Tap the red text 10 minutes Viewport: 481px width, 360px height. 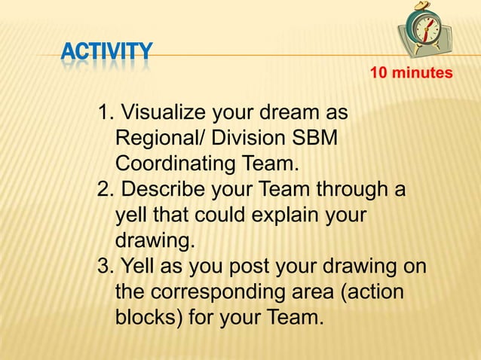click(411, 73)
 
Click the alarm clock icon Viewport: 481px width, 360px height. click(427, 30)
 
